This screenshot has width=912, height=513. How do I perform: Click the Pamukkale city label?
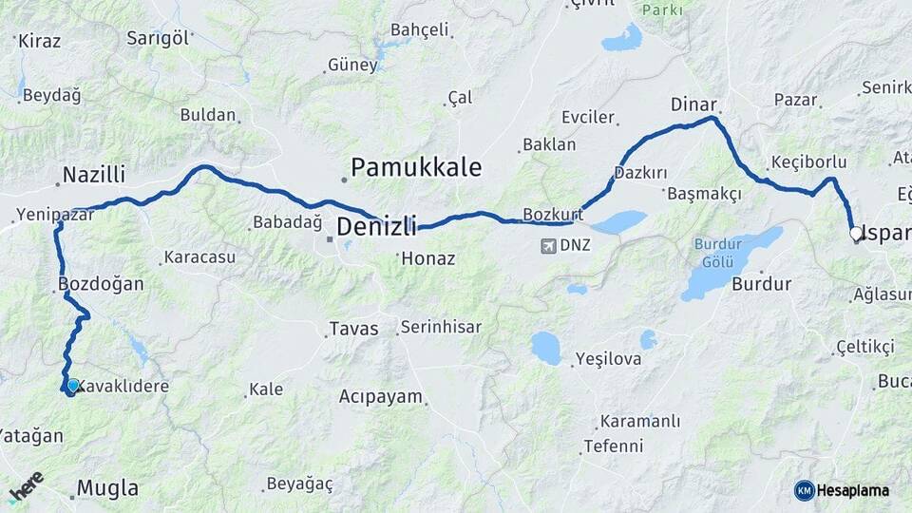416,168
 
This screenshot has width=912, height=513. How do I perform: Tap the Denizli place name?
377,227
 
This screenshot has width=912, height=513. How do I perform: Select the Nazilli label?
94,175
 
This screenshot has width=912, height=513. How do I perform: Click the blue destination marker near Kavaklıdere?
72,386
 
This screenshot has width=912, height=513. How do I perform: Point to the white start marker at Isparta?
855,233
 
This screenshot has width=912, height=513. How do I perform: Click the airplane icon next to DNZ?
547,247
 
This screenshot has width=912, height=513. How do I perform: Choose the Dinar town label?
693,104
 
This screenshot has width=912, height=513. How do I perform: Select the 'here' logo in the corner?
26,486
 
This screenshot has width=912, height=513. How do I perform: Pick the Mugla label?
107,489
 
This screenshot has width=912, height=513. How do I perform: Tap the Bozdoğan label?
101,284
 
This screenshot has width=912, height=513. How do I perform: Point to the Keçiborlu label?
808,162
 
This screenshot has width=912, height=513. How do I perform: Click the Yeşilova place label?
608,360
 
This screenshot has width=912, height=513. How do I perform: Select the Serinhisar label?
441,327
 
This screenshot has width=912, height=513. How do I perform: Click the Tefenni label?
613,446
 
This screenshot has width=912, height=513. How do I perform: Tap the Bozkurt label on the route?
552,214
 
